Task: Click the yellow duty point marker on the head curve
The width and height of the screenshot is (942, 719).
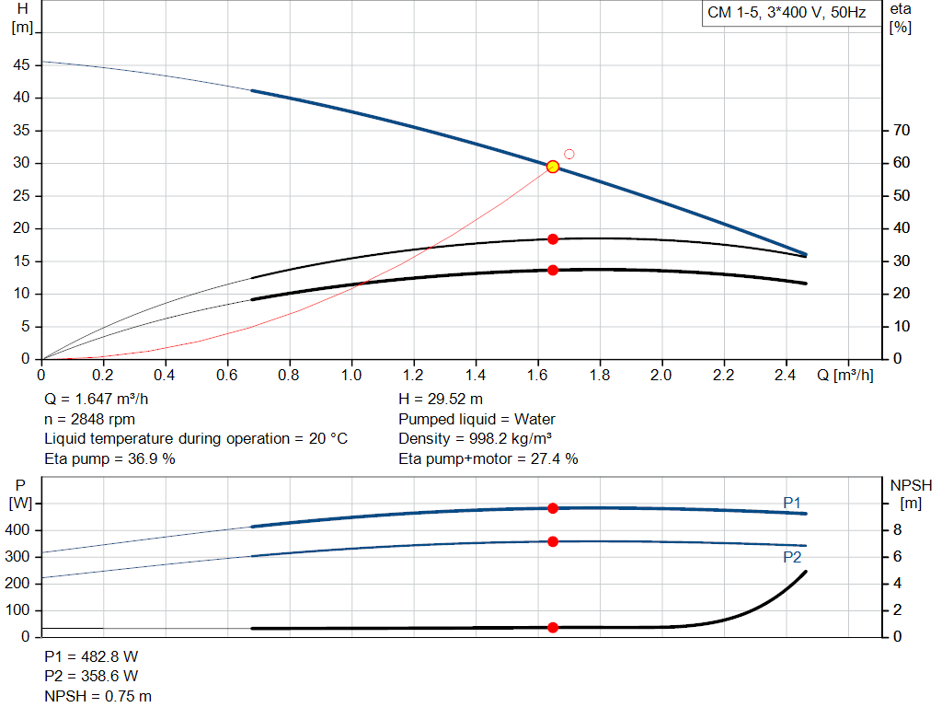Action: pyautogui.click(x=553, y=167)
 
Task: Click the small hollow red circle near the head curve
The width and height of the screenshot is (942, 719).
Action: pyautogui.click(x=569, y=154)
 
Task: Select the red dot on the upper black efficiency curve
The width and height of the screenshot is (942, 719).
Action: pyautogui.click(x=553, y=239)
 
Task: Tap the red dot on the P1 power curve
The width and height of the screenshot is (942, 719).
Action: pyautogui.click(x=553, y=508)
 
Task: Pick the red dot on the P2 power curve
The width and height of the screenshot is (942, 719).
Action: pyautogui.click(x=553, y=541)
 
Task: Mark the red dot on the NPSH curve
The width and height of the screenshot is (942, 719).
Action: pyautogui.click(x=553, y=628)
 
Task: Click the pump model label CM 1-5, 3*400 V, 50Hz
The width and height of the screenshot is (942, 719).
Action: pyautogui.click(x=787, y=14)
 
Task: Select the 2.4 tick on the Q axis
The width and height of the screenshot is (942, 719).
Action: pyautogui.click(x=785, y=376)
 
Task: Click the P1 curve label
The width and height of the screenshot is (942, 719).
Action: pyautogui.click(x=792, y=502)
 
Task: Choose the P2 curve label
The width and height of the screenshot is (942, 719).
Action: pyautogui.click(x=792, y=557)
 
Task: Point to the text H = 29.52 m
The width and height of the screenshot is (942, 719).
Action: pyautogui.click(x=441, y=400)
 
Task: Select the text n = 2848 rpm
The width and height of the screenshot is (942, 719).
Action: pyautogui.click(x=89, y=419)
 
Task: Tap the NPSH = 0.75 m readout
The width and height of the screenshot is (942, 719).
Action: pyautogui.click(x=98, y=696)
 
